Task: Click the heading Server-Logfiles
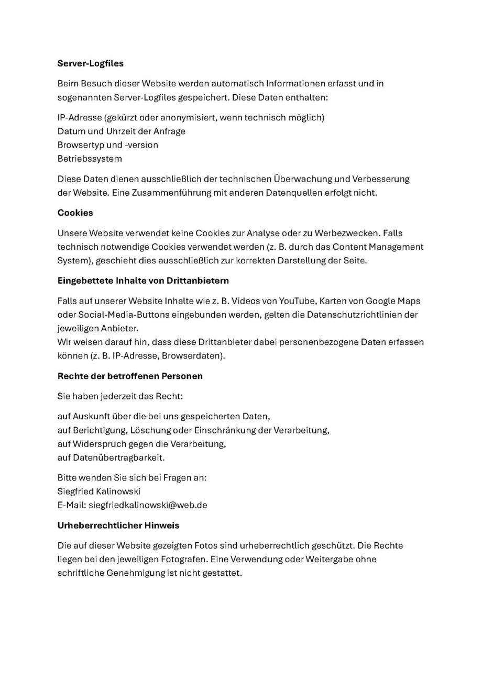click(90, 63)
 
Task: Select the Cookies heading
click(75, 213)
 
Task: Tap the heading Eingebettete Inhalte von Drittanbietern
click(143, 281)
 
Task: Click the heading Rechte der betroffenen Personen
click(129, 376)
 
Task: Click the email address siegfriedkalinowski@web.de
click(148, 505)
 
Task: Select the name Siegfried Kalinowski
click(99, 492)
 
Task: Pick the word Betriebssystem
click(90, 159)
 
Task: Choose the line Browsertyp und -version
click(107, 145)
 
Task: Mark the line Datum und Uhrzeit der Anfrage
click(121, 131)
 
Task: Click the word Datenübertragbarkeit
click(118, 457)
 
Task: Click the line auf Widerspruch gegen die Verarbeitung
click(141, 444)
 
